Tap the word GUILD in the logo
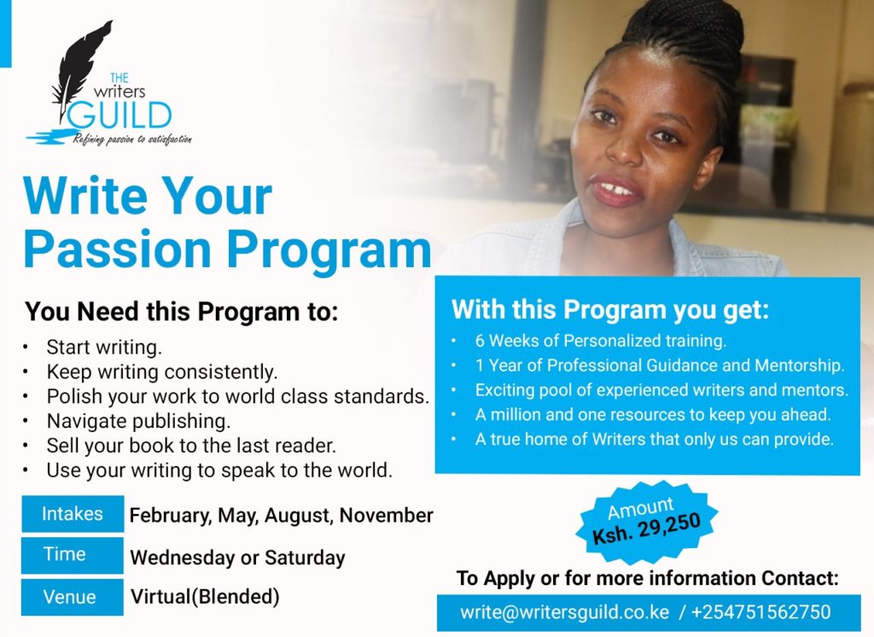click(x=119, y=115)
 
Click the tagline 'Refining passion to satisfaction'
click(x=132, y=139)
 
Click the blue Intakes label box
click(x=73, y=514)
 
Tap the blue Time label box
click(x=73, y=555)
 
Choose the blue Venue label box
click(x=73, y=597)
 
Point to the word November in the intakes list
click(x=387, y=515)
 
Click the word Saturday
click(x=305, y=558)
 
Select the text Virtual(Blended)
click(x=205, y=596)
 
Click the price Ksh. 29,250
click(x=647, y=529)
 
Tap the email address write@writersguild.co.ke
click(x=564, y=612)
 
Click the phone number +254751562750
click(x=760, y=612)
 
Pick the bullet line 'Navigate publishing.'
click(x=138, y=421)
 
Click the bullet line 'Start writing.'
click(x=104, y=347)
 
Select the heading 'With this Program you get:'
click(x=610, y=310)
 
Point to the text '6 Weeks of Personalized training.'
click(x=601, y=340)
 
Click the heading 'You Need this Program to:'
click(x=182, y=312)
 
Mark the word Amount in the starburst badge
click(x=640, y=508)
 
